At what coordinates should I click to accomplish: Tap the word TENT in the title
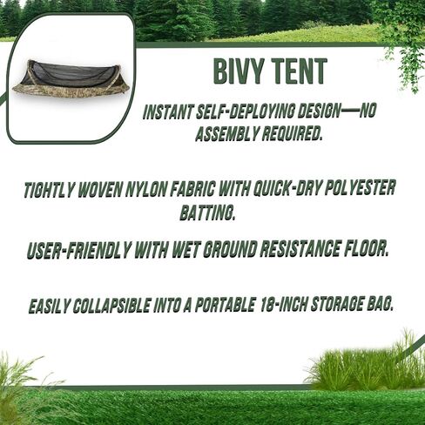[x=300, y=71]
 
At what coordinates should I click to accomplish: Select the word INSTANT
[x=168, y=111]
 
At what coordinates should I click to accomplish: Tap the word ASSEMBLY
[x=226, y=134]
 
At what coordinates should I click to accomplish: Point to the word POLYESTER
[x=360, y=187]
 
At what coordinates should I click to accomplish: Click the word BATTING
[x=207, y=212]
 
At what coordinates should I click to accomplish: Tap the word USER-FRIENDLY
[x=78, y=251]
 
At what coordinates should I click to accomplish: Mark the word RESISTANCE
[x=300, y=249]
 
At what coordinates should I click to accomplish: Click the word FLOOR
[x=366, y=248]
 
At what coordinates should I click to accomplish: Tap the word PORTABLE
[x=224, y=305]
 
